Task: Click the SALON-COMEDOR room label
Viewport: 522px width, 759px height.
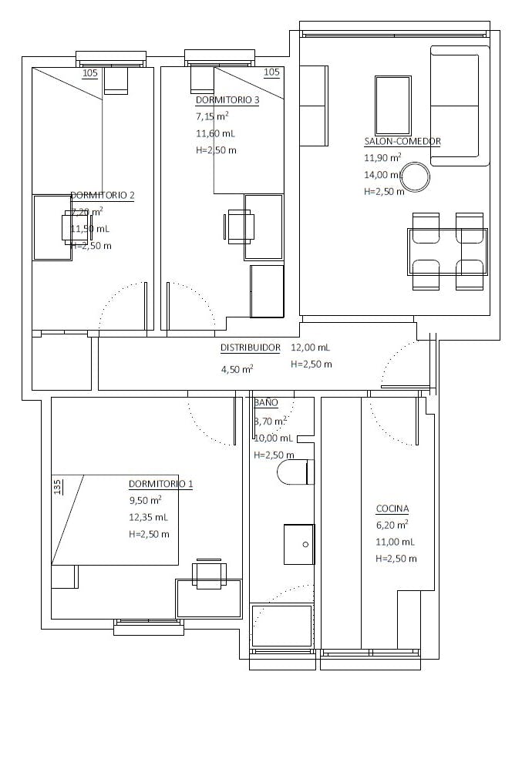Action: [402, 142]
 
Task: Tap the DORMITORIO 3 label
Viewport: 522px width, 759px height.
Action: [227, 100]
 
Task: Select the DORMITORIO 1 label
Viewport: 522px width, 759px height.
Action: [160, 484]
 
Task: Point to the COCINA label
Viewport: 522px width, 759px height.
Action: [392, 509]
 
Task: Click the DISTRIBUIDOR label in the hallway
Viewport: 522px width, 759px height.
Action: [251, 348]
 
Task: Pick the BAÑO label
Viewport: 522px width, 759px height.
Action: [266, 403]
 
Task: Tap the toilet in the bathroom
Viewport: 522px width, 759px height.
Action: [295, 472]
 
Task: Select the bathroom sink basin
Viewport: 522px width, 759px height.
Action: [299, 544]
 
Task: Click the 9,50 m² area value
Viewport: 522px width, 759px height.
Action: [145, 500]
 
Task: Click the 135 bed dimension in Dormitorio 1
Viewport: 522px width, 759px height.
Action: [58, 488]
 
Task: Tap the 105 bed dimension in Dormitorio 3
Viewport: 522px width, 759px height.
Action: [271, 72]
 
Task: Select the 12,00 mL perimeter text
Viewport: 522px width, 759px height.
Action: [310, 348]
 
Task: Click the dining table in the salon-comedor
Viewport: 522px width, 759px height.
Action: [447, 251]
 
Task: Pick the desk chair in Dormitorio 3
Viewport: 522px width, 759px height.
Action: [240, 227]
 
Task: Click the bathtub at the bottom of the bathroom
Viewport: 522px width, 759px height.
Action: [282, 626]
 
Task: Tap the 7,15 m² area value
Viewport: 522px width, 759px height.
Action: [212, 117]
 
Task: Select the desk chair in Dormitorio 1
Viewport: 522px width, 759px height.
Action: [209, 573]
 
